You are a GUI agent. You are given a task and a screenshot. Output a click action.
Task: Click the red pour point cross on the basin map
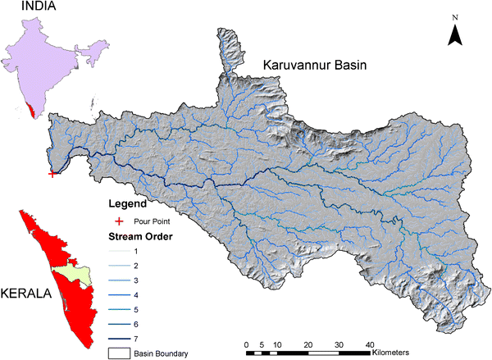(53, 173)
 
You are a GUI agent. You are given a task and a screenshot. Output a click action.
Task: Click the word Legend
(128, 203)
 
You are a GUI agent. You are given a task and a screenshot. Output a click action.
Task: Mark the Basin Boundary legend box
(119, 353)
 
